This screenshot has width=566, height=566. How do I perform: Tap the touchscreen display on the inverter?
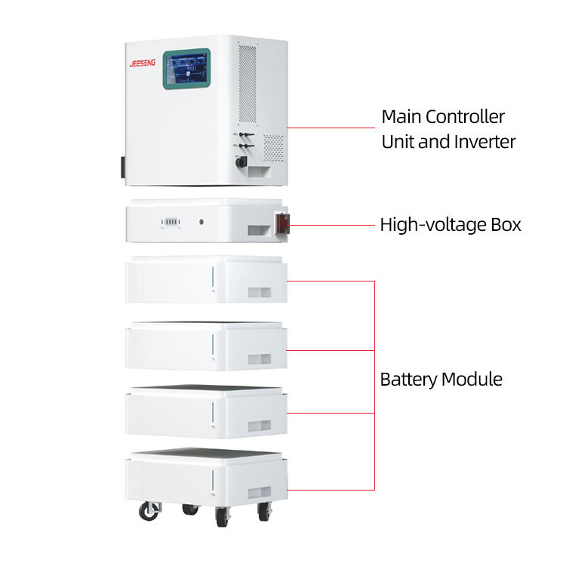pos(186,69)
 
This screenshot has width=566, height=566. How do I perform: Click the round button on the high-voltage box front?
pos(202,223)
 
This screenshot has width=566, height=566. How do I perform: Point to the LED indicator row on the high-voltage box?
pos(170,223)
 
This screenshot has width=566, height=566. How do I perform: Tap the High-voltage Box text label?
pos(451,225)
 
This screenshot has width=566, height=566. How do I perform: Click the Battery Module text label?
pos(441,379)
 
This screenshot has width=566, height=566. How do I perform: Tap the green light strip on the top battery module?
pos(214,277)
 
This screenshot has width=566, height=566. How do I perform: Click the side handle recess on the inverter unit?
pos(261,174)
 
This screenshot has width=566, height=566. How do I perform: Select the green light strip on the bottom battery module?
pos(214,477)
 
